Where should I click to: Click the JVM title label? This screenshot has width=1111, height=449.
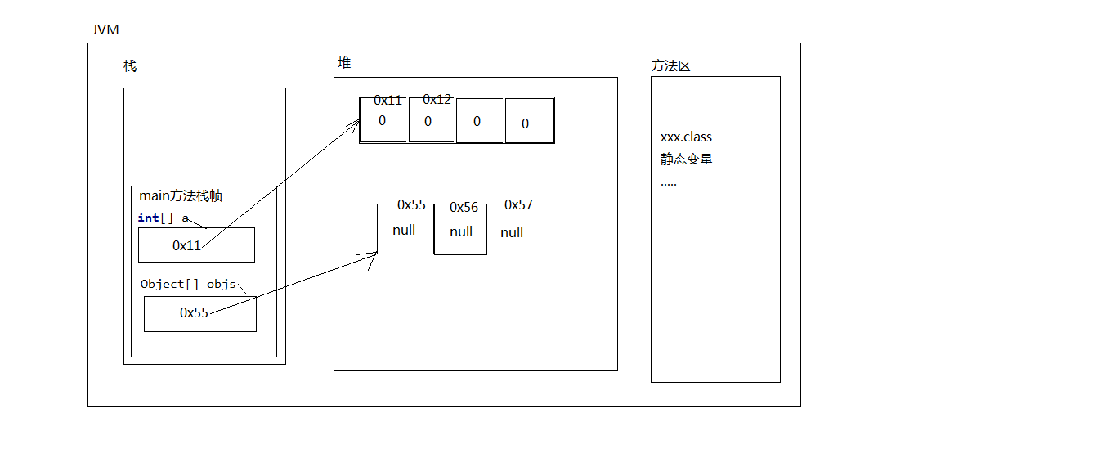[x=106, y=30]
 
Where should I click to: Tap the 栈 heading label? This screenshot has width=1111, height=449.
[x=130, y=66]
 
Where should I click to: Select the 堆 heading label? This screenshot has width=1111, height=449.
[x=344, y=62]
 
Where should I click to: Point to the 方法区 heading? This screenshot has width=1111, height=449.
[x=670, y=66]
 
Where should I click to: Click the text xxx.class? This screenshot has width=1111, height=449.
[x=686, y=137]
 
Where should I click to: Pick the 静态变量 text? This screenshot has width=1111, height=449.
[x=686, y=159]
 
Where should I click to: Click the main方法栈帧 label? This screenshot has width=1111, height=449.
[x=181, y=196]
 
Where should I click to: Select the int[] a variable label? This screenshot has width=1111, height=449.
[x=164, y=218]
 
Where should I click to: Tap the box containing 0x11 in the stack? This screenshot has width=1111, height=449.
[x=196, y=245]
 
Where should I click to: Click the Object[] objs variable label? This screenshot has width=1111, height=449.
[x=188, y=284]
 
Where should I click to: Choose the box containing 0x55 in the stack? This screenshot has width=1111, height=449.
[x=199, y=313]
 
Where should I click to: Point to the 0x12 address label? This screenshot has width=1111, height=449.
[x=437, y=100]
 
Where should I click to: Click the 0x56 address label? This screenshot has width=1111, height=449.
[x=464, y=208]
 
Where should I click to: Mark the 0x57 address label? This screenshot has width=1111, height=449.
[x=518, y=204]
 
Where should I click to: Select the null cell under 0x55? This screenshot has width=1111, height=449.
[x=405, y=230]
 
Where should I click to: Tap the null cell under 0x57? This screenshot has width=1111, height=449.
[x=514, y=232]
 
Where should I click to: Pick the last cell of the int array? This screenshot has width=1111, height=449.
[x=529, y=122]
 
